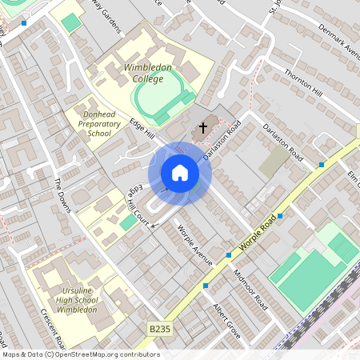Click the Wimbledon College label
(148, 74)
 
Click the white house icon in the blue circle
(180, 173)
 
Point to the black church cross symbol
(203, 127)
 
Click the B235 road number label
(160, 328)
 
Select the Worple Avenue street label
(194, 245)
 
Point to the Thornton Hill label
(302, 83)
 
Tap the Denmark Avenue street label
(338, 41)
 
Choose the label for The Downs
(63, 194)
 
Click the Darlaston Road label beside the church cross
(222, 139)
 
